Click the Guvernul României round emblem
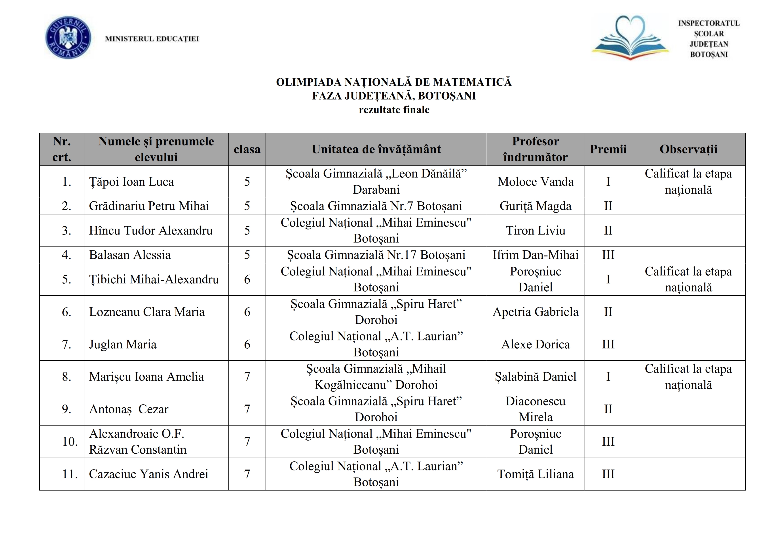(x=68, y=38)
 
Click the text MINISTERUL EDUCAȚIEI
(x=152, y=39)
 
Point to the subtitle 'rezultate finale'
(x=394, y=110)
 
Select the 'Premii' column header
(x=608, y=149)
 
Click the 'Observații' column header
(x=688, y=149)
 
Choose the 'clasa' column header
(x=247, y=149)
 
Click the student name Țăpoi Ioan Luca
(x=132, y=182)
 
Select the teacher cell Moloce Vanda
(x=535, y=182)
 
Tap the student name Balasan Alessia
(x=130, y=255)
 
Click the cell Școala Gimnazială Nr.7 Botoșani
(x=376, y=206)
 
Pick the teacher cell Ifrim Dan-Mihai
(x=535, y=255)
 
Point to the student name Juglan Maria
(x=123, y=344)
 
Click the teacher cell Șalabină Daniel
(x=535, y=377)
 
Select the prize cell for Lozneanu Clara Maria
(x=608, y=312)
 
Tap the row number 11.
(x=70, y=474)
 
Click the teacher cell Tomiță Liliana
(x=535, y=474)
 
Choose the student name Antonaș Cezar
(x=129, y=409)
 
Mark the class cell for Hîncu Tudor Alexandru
(x=247, y=231)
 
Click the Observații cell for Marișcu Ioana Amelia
(x=688, y=377)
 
